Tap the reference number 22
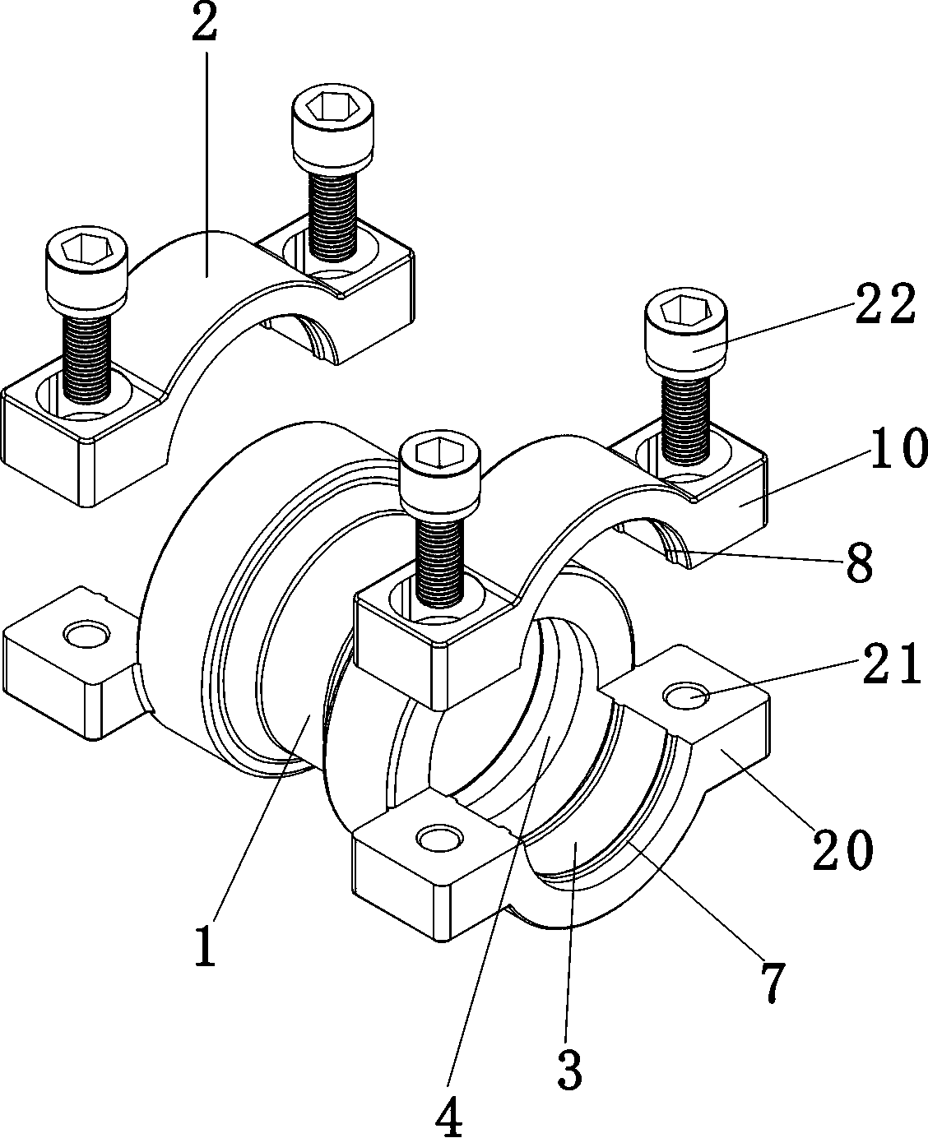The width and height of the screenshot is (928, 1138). (x=886, y=305)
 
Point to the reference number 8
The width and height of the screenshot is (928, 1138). (x=860, y=562)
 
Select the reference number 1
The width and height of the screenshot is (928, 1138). (x=206, y=946)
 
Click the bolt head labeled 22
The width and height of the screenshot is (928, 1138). (x=686, y=335)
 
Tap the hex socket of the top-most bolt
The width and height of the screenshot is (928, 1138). (x=332, y=104)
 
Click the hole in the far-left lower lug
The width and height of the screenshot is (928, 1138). (x=87, y=634)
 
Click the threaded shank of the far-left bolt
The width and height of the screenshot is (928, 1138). (x=87, y=359)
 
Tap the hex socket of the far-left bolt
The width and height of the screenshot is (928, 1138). (x=87, y=248)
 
